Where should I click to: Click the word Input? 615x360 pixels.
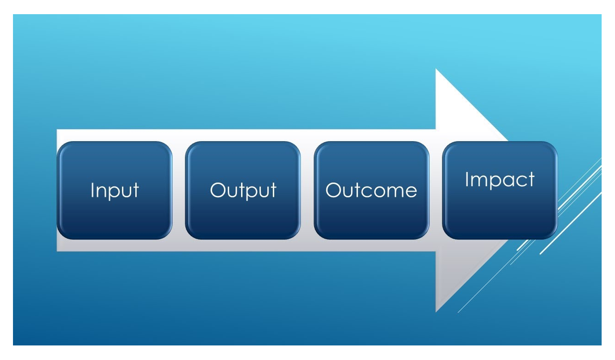[x=114, y=190]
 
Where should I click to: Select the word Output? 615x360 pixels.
[x=243, y=190]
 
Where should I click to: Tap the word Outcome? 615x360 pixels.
[x=371, y=190]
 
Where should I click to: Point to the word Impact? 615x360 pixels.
[x=499, y=180]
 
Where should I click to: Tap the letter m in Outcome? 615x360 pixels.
[x=393, y=191]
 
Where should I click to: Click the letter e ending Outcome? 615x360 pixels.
[x=411, y=191]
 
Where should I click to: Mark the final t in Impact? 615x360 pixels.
[x=531, y=179]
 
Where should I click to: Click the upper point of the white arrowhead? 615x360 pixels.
[x=436, y=69]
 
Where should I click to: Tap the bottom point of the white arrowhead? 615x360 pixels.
[x=436, y=312]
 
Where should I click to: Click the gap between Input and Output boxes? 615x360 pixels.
[x=179, y=190]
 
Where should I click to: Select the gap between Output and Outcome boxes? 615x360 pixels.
[x=307, y=190]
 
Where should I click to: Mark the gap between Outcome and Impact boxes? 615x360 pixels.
[x=436, y=190]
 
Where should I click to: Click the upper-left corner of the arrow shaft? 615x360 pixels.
[x=57, y=130]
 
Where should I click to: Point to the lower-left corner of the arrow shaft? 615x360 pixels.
[x=57, y=251]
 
